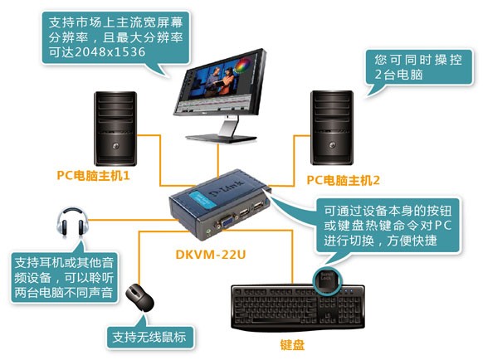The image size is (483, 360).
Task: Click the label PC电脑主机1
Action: [x=93, y=175]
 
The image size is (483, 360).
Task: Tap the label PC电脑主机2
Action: [x=343, y=180]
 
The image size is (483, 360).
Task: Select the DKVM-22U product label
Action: [x=211, y=255]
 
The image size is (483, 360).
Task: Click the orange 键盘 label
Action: [x=292, y=345]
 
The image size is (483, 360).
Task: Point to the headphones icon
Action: [x=72, y=221]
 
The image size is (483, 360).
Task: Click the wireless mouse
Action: [x=140, y=298]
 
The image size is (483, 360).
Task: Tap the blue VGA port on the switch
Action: [x=227, y=221]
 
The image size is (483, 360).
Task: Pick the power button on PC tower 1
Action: [x=115, y=145]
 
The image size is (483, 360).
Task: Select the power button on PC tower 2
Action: [x=332, y=144]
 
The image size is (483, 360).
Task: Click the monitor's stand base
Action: [x=222, y=138]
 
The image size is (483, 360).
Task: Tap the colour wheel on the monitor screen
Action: [x=242, y=66]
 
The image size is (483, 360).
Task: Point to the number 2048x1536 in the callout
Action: [x=110, y=51]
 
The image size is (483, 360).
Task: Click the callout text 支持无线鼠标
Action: [x=149, y=337]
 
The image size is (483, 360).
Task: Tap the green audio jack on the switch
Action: [x=209, y=230]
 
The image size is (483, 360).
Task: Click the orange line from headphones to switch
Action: [x=134, y=220]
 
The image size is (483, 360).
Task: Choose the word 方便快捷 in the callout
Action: [x=412, y=241]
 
